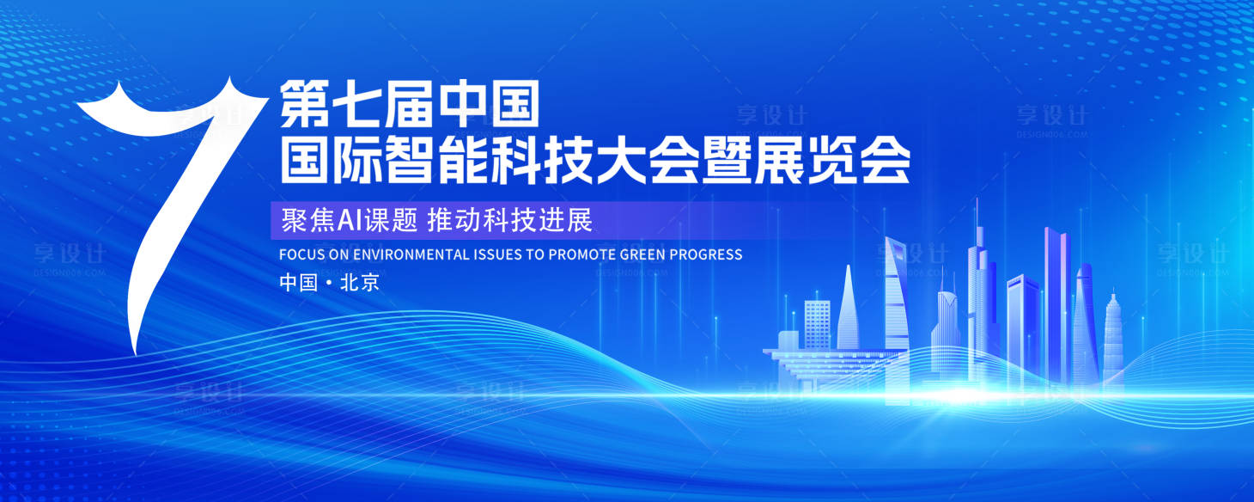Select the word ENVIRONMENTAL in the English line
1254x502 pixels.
tap(411, 254)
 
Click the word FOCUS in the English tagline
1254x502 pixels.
tap(300, 254)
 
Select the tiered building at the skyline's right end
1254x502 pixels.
tap(1113, 340)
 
